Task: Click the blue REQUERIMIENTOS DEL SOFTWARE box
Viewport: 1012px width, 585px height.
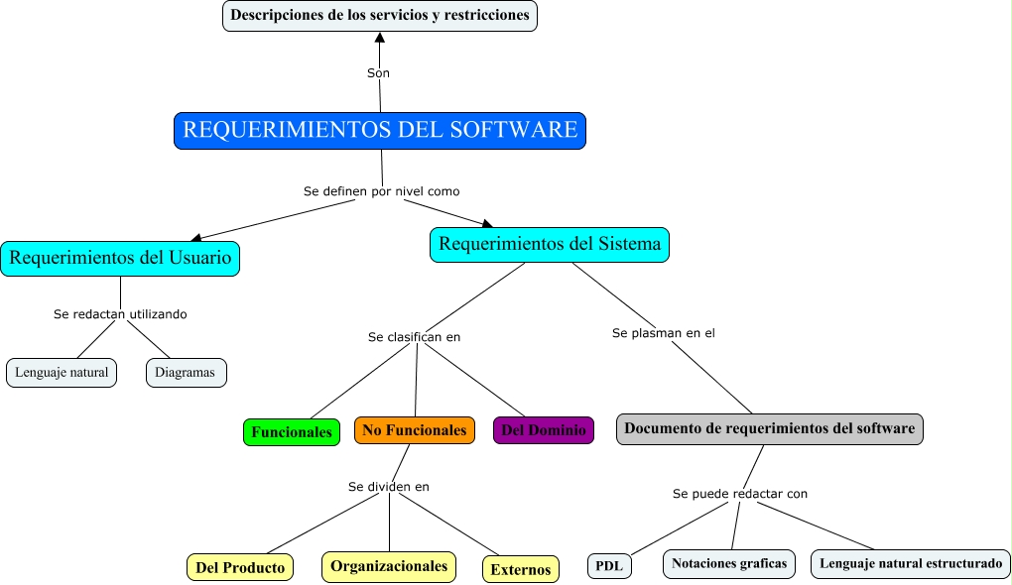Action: click(x=380, y=131)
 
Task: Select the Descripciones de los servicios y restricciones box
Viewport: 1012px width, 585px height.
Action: click(x=379, y=16)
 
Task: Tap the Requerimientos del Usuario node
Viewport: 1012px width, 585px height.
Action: click(x=120, y=258)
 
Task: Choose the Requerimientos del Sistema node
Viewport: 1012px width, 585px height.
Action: click(x=550, y=244)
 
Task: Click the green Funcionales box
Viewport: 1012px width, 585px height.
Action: click(x=292, y=432)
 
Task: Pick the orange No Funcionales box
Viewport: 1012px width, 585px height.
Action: click(x=414, y=430)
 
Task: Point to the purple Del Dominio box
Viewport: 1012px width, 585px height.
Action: click(x=544, y=430)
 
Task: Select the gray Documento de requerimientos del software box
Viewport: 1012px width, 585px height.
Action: click(x=770, y=428)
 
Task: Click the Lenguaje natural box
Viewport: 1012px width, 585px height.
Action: click(x=62, y=373)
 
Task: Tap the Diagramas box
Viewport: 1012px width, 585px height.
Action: click(x=187, y=373)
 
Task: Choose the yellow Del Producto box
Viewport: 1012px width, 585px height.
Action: click(x=240, y=567)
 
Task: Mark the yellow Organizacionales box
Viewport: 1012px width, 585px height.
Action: click(x=389, y=566)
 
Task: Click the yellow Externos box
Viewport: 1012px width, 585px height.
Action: click(x=521, y=569)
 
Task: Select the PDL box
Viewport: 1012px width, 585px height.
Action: click(x=609, y=566)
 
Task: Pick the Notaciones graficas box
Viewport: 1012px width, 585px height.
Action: click(x=729, y=563)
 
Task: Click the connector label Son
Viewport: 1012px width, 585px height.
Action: click(x=378, y=73)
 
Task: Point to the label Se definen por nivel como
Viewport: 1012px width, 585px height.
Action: click(x=381, y=190)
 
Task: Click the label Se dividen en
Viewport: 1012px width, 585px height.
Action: click(x=388, y=487)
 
